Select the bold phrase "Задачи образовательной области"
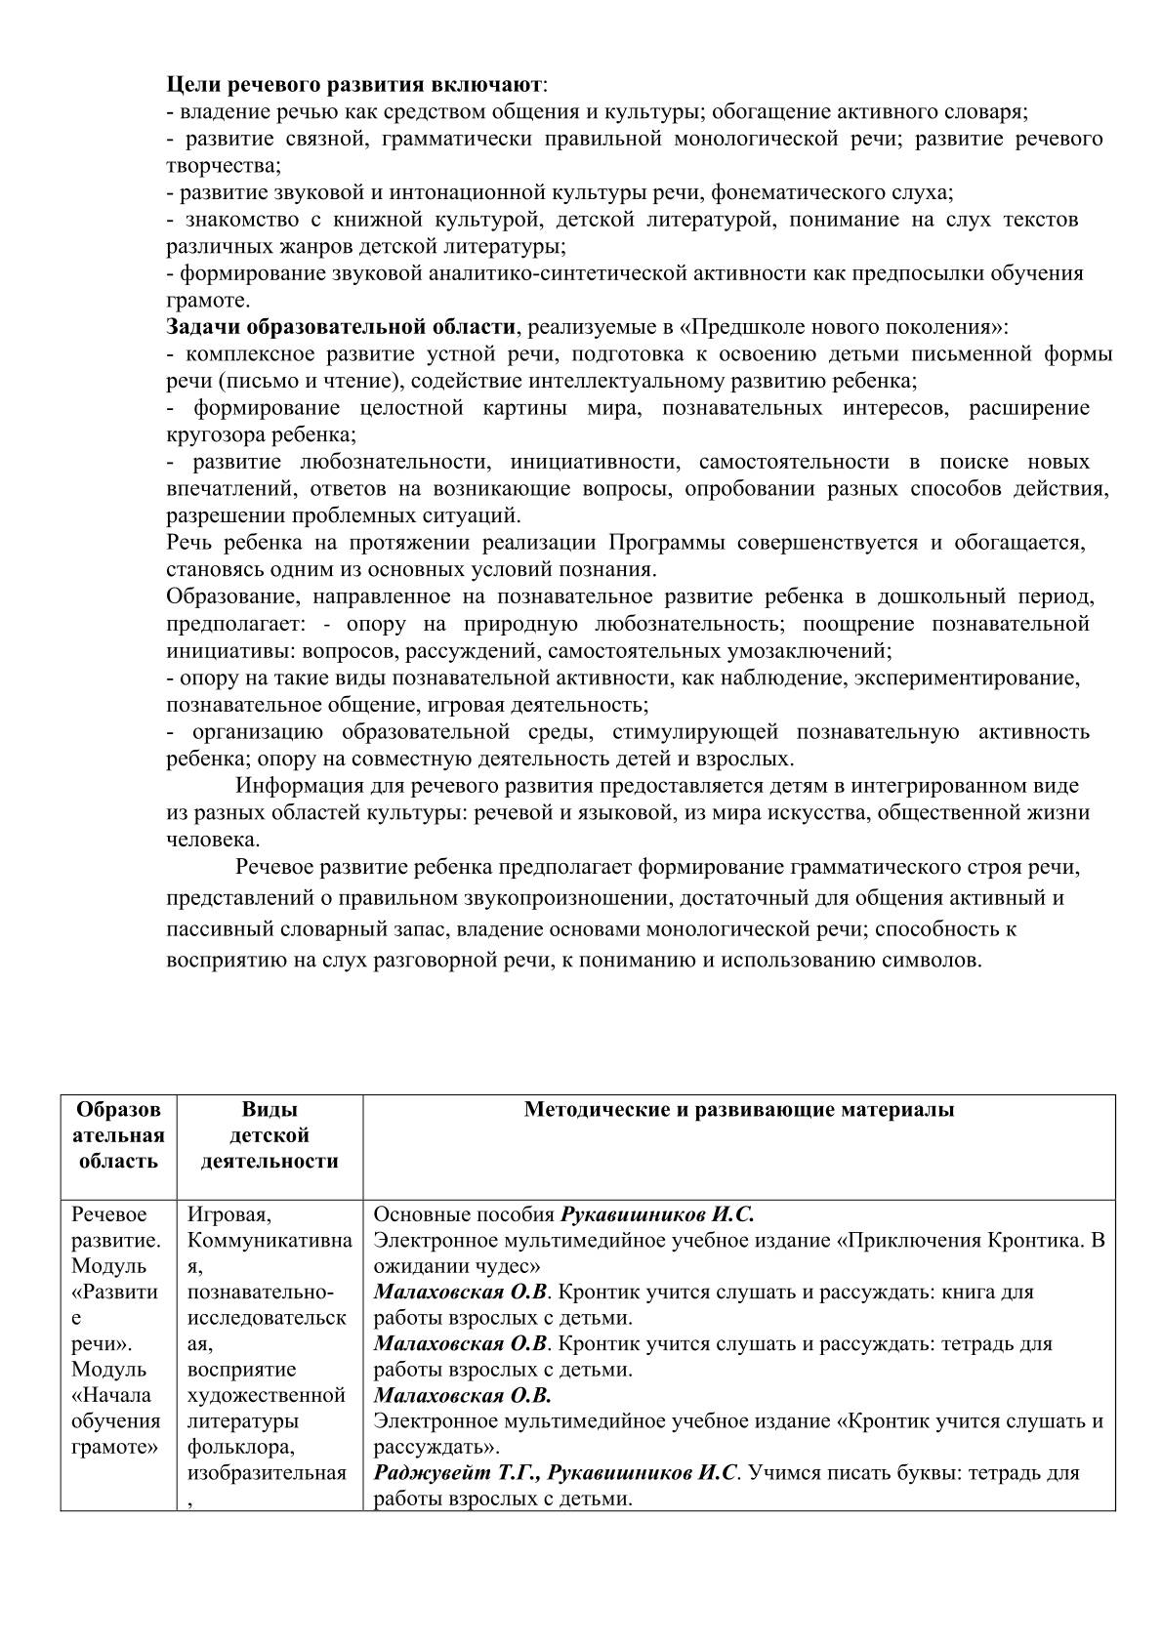pyautogui.click(x=340, y=326)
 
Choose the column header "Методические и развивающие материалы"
pyautogui.click(x=738, y=1110)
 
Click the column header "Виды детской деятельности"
pyautogui.click(x=270, y=1135)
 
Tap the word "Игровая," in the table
pyautogui.click(x=229, y=1214)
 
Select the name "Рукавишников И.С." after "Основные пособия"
pyautogui.click(x=657, y=1215)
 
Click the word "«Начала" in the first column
pyautogui.click(x=111, y=1395)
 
